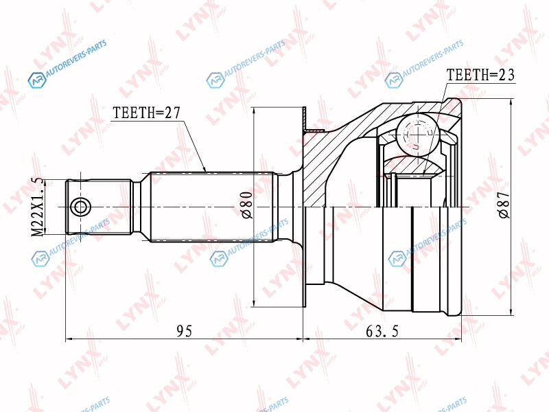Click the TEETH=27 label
point(146,113)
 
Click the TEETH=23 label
point(480,75)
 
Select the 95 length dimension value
point(184,331)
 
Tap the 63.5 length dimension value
point(382,331)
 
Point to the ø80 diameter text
point(246,205)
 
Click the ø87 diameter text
point(504,205)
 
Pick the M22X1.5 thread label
point(38,207)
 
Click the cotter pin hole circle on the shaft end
point(80,207)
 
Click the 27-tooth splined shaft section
point(212,207)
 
